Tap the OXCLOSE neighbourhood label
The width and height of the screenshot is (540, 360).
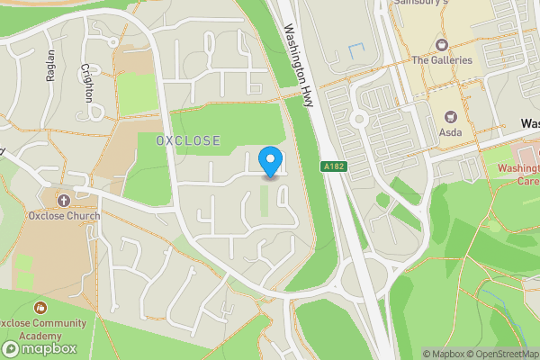point(187,141)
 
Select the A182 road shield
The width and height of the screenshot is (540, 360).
point(332,166)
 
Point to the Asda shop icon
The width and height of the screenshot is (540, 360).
point(450,117)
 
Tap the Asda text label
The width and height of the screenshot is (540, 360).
point(450,133)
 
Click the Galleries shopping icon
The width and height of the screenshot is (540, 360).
point(442,44)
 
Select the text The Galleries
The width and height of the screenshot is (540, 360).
point(442,60)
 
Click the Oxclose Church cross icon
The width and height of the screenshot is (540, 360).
point(63,200)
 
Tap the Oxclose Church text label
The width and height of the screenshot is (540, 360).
point(63,216)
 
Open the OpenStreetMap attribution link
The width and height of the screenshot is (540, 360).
point(503,354)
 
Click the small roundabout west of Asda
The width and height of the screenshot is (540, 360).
point(359,118)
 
